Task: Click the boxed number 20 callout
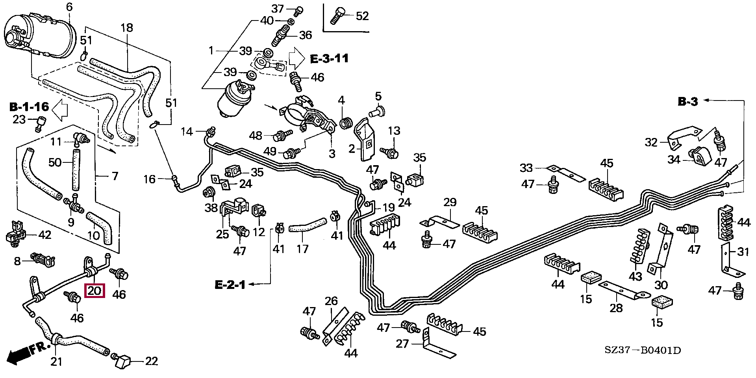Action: (x=95, y=291)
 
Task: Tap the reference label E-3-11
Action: (x=329, y=59)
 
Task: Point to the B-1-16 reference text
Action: (x=29, y=106)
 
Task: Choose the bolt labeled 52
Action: (x=337, y=16)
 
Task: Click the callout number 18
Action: (x=127, y=28)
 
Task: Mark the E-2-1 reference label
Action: (x=230, y=284)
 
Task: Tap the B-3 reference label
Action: (x=687, y=102)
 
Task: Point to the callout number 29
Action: (x=450, y=203)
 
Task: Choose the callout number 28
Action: (x=616, y=307)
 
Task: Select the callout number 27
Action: (x=402, y=344)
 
